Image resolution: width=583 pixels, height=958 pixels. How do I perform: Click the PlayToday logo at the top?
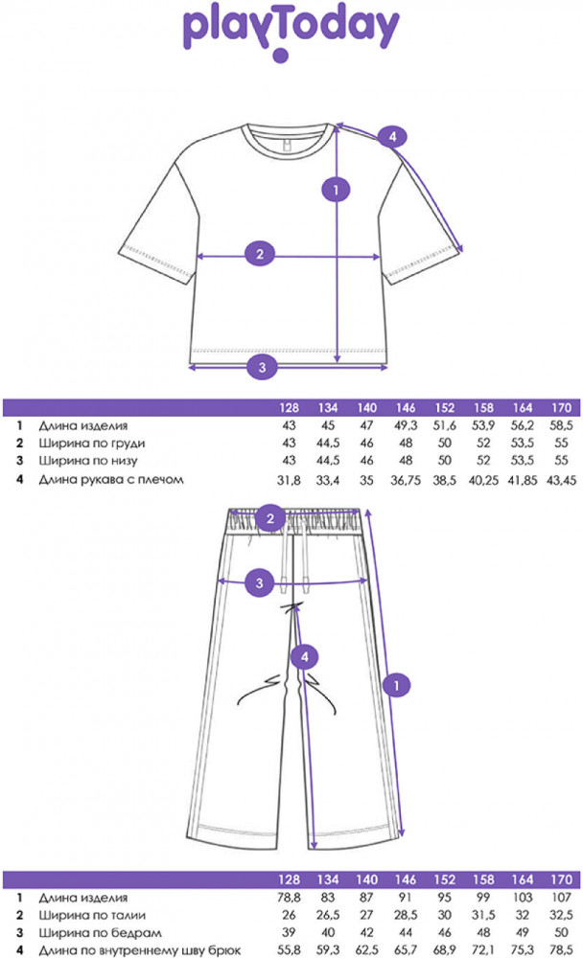[291, 31]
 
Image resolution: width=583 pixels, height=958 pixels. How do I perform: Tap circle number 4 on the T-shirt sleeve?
[389, 137]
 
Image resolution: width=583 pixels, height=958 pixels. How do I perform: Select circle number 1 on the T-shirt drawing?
[335, 190]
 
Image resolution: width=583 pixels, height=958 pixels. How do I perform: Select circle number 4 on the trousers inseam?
[303, 656]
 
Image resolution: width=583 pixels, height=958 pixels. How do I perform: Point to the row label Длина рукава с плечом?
[110, 479]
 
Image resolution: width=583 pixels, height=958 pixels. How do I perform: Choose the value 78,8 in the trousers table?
[288, 898]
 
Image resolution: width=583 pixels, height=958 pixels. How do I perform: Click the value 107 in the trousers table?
[560, 898]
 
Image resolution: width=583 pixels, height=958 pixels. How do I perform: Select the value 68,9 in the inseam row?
[445, 951]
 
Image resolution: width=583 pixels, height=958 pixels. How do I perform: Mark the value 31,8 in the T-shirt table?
[288, 479]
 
